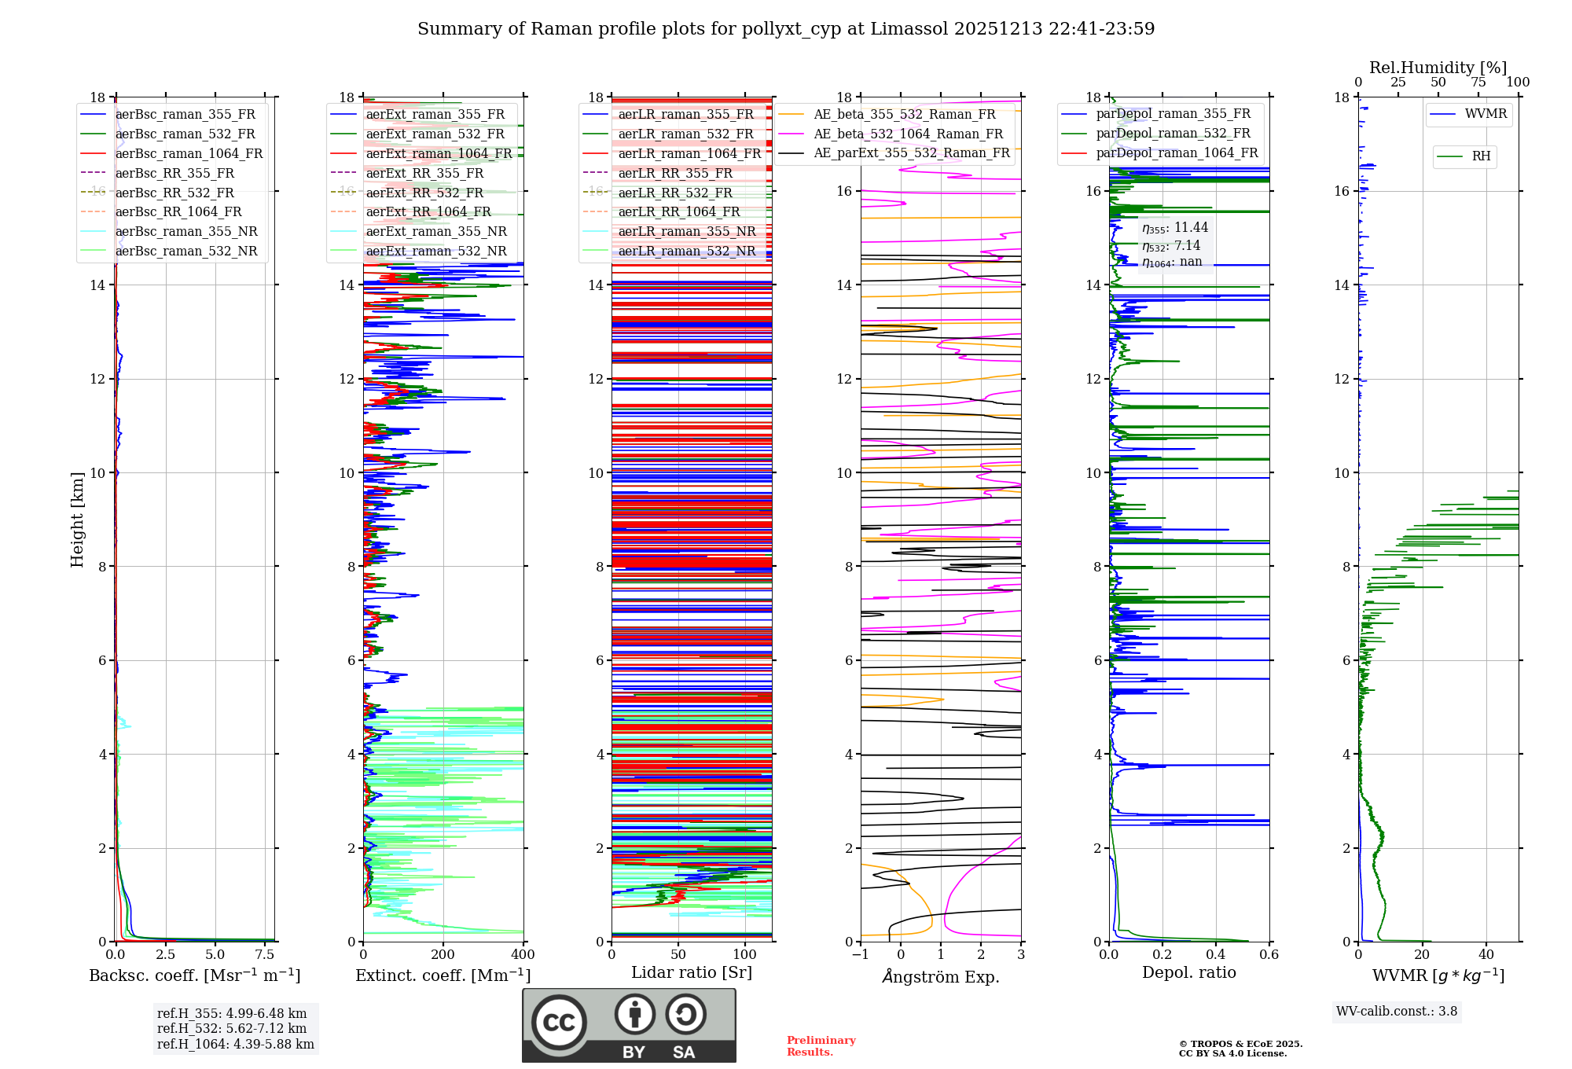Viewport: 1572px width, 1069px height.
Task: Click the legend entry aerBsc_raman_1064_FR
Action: click(x=189, y=153)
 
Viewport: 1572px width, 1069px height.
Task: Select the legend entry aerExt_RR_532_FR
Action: click(x=424, y=193)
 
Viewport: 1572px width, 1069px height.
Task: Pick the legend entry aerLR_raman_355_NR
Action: click(x=686, y=231)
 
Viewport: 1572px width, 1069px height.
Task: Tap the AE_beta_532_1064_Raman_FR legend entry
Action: click(x=908, y=134)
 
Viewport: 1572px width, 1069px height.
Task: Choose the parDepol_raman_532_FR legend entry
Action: click(x=1173, y=133)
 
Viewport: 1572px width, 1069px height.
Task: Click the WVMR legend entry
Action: click(x=1485, y=114)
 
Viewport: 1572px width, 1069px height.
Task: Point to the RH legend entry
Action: click(x=1481, y=156)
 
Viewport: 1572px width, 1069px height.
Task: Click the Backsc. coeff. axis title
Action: click(x=194, y=975)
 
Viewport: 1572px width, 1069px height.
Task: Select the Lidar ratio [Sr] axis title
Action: click(x=691, y=972)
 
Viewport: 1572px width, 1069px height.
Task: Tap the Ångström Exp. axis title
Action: click(x=940, y=976)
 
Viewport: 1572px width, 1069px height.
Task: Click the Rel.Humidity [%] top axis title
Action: click(x=1438, y=68)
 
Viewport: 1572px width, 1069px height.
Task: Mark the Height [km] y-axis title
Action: click(x=77, y=519)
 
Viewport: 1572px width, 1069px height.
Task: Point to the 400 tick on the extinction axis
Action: click(x=523, y=954)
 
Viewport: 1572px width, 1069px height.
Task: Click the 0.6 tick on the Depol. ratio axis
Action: click(x=1269, y=954)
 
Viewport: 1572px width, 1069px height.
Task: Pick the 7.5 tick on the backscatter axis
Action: click(x=265, y=954)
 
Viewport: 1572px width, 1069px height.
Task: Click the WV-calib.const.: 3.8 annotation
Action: click(x=1396, y=1011)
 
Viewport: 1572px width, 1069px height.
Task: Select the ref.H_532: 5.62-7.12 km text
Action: click(x=231, y=1028)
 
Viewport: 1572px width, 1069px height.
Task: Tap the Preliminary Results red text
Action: click(x=821, y=1045)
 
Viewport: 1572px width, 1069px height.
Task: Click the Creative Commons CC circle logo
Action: click(x=559, y=1022)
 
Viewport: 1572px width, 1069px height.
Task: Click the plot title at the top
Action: click(x=786, y=29)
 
